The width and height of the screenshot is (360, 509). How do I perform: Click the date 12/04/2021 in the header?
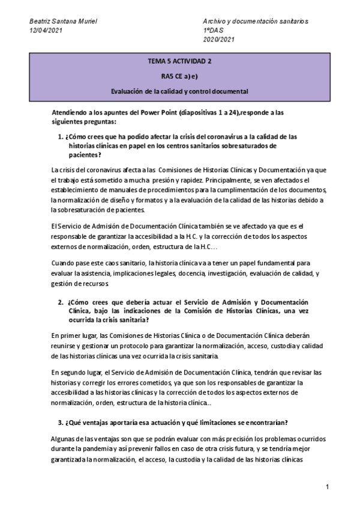coord(46,30)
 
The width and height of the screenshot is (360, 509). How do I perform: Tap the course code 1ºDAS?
coord(214,30)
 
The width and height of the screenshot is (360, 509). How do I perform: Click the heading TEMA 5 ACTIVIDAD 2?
coord(179,61)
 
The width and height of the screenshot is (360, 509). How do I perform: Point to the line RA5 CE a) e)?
coord(179,76)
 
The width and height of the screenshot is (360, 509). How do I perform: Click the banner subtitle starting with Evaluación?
coord(179,91)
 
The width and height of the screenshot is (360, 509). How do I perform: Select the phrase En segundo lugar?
coord(74,372)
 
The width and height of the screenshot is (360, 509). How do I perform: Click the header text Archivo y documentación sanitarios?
coord(256,21)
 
